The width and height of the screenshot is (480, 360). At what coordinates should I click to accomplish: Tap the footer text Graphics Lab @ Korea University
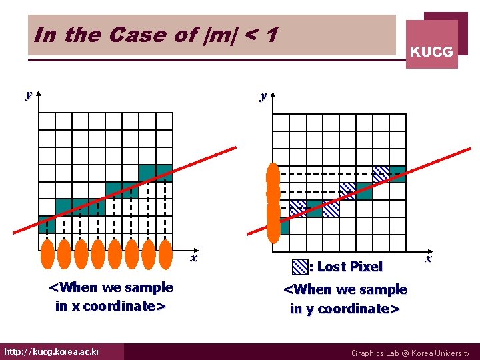[410, 353]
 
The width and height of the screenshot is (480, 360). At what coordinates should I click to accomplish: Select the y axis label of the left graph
[28, 95]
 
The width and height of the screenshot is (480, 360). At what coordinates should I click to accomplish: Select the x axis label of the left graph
[193, 257]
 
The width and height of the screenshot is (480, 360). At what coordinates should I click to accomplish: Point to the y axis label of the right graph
[263, 96]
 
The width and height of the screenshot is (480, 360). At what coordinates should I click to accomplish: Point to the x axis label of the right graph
[429, 258]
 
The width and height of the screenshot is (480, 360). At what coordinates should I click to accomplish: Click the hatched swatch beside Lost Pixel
[300, 267]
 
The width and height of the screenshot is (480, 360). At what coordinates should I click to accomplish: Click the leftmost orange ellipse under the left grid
[47, 253]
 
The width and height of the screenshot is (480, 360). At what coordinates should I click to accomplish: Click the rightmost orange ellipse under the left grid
[166, 253]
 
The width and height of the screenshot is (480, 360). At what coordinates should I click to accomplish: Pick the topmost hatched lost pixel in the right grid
[381, 173]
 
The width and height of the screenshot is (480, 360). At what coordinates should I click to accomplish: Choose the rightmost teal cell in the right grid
[398, 173]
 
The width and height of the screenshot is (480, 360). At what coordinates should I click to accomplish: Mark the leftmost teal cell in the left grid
[47, 224]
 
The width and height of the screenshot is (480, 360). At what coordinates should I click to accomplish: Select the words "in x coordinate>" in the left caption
[111, 307]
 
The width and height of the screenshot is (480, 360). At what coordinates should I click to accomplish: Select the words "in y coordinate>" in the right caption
[345, 309]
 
